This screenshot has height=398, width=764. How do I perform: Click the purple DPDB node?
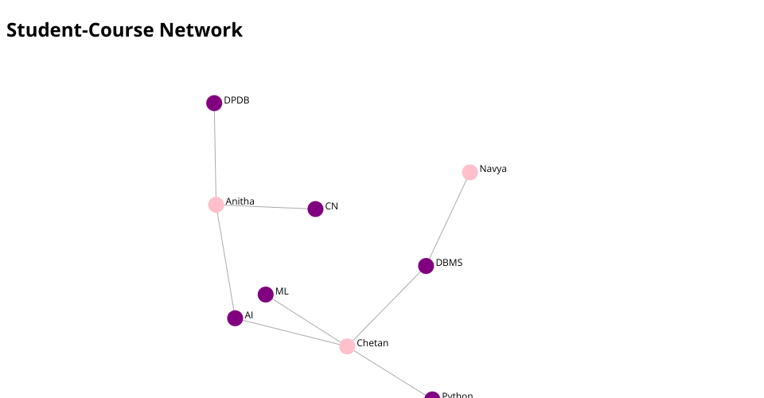pyautogui.click(x=214, y=103)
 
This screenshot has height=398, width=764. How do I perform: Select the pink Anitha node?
pyautogui.click(x=216, y=205)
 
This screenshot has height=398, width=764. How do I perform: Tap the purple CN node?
pyautogui.click(x=315, y=209)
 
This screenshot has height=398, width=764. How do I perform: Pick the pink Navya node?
pyautogui.click(x=470, y=172)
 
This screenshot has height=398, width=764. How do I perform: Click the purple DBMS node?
pyautogui.click(x=426, y=266)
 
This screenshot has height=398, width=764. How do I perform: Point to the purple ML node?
pyautogui.click(x=266, y=295)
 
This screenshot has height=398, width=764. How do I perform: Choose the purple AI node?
pyautogui.click(x=235, y=318)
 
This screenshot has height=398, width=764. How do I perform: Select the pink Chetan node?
pyautogui.click(x=347, y=346)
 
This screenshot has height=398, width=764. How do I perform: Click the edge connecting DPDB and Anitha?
pyautogui.click(x=215, y=154)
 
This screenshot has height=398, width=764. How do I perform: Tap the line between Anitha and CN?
pyautogui.click(x=265, y=207)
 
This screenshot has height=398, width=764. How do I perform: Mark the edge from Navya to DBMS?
pyautogui.click(x=448, y=219)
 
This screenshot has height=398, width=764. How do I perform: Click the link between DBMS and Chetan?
pyautogui.click(x=387, y=306)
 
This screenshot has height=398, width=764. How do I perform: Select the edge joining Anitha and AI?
pyautogui.click(x=225, y=261)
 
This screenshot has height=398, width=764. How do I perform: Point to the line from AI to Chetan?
pyautogui.click(x=290, y=332)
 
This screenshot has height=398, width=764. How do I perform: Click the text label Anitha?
pyautogui.click(x=240, y=201)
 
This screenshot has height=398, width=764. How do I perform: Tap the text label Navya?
pyautogui.click(x=493, y=169)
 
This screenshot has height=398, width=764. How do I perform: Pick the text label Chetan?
pyautogui.click(x=372, y=343)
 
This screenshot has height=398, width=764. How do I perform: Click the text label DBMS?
pyautogui.click(x=449, y=263)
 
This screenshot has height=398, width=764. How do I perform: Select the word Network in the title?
pyautogui.click(x=201, y=30)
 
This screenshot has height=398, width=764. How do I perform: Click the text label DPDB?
pyautogui.click(x=236, y=100)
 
